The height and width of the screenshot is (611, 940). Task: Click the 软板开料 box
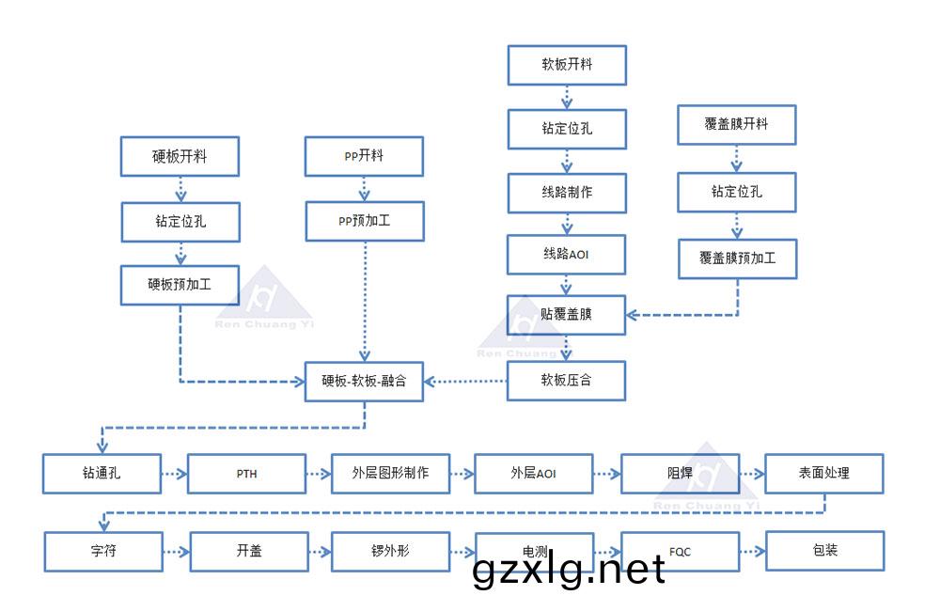tap(566, 65)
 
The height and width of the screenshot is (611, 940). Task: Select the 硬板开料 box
tap(179, 157)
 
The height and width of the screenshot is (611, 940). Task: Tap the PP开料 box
tap(364, 157)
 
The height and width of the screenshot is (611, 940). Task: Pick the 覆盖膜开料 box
tap(737, 125)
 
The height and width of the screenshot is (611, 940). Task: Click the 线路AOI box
tap(566, 254)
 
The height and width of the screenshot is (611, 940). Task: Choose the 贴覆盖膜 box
tap(566, 315)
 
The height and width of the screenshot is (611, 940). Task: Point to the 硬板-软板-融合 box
tap(364, 382)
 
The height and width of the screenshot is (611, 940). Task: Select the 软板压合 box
tap(566, 382)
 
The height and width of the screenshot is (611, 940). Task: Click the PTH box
tap(246, 474)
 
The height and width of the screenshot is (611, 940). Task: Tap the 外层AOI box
tap(533, 474)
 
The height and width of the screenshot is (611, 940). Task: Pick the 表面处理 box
tap(824, 474)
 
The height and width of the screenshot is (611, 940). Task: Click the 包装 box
tap(824, 551)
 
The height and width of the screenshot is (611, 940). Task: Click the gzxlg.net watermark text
tap(569, 570)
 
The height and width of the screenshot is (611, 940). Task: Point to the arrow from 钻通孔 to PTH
tap(174, 475)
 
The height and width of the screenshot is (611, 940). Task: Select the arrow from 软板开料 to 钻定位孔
tap(566, 97)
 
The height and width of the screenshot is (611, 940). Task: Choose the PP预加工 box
tap(364, 222)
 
